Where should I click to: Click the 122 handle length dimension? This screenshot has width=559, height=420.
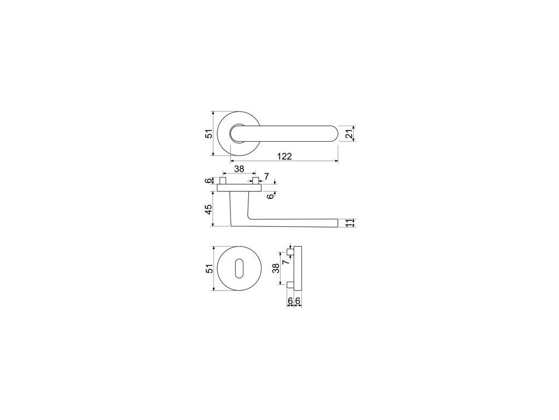(284, 156)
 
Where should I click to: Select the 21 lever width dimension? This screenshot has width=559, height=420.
(349, 134)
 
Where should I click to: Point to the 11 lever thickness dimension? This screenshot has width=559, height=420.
(349, 223)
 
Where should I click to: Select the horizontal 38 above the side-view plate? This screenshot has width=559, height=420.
(239, 169)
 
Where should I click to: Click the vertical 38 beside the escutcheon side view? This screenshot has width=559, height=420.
(276, 268)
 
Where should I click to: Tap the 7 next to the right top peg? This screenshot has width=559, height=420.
(266, 176)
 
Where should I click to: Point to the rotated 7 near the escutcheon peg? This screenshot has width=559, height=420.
(285, 262)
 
